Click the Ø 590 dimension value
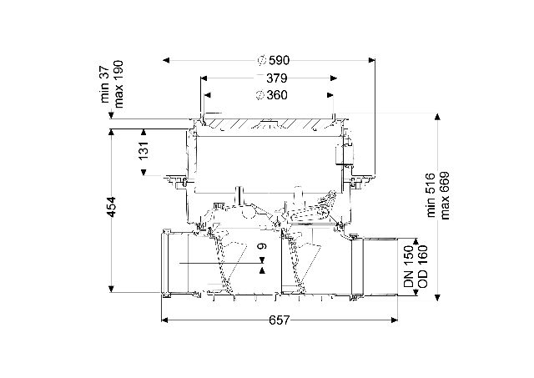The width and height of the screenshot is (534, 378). pyautogui.click(x=274, y=61)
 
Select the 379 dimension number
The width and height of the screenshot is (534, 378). pyautogui.click(x=276, y=78)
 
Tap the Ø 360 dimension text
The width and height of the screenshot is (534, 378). pyautogui.click(x=272, y=95)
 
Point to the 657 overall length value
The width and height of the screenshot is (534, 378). pyautogui.click(x=280, y=320)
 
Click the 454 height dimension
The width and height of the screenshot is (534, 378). pyautogui.click(x=111, y=207)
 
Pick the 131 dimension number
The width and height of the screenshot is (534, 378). pyautogui.click(x=144, y=150)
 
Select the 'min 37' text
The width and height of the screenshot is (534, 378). pyautogui.click(x=105, y=84)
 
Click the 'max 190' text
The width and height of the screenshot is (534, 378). pyautogui.click(x=118, y=84)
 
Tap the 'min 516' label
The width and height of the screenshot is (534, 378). pyautogui.click(x=431, y=195)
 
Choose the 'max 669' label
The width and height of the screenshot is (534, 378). pyautogui.click(x=445, y=195)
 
